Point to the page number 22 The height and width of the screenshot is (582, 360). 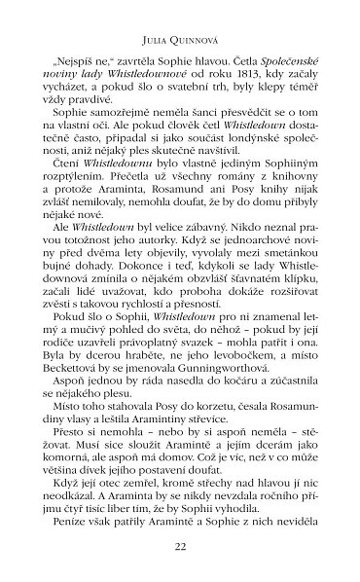[x=179, y=546]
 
